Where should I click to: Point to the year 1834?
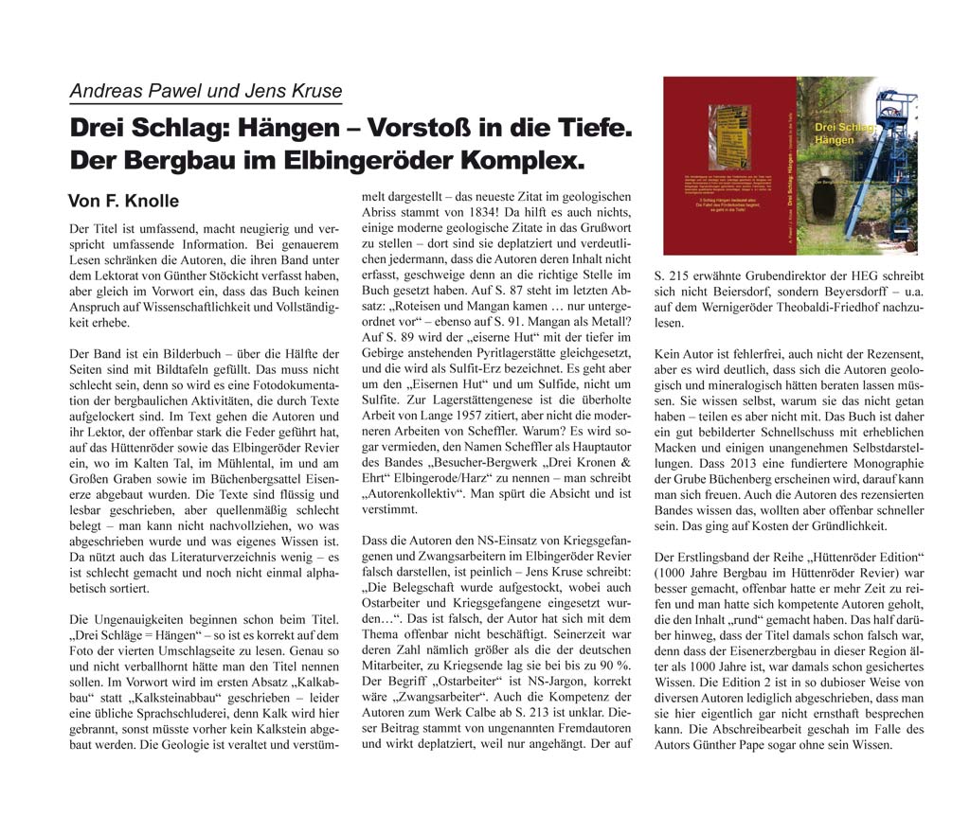[x=486, y=213]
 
